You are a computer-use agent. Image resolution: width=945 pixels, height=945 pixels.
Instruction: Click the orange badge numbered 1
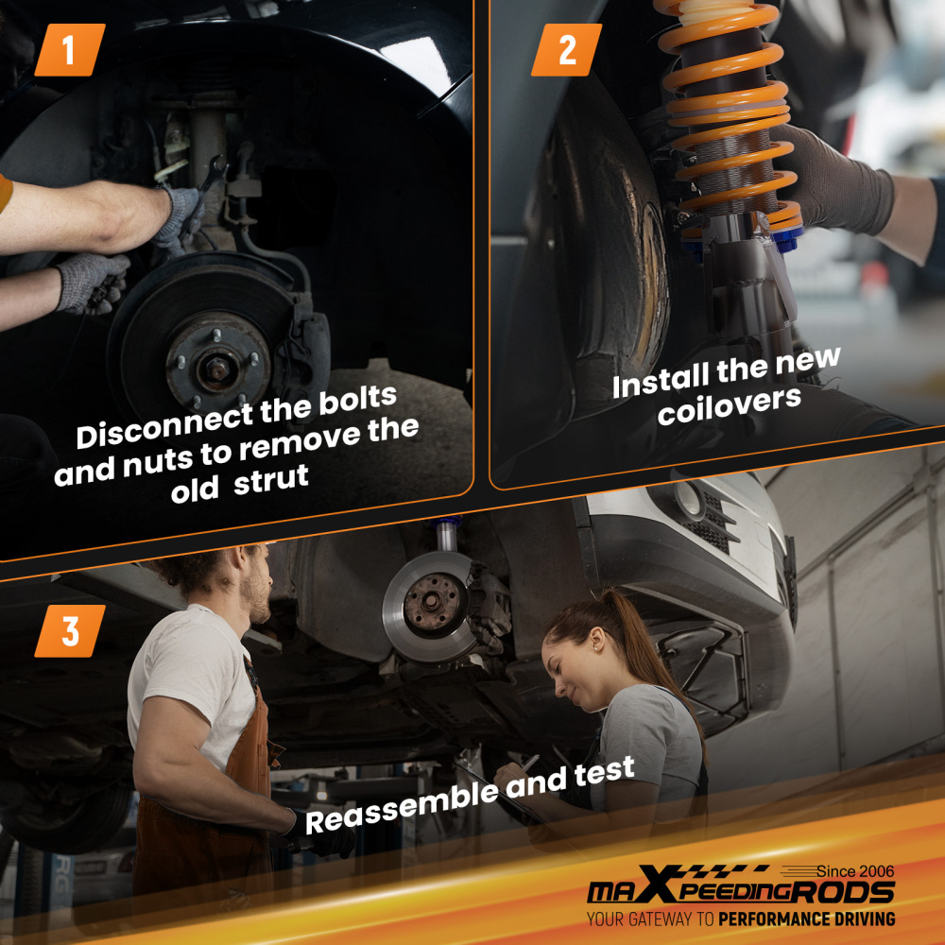point(70,50)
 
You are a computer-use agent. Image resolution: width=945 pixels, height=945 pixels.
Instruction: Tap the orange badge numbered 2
point(566,50)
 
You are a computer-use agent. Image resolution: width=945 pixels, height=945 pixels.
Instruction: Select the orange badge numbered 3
point(70,631)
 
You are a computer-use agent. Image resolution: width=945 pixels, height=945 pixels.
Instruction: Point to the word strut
point(271,480)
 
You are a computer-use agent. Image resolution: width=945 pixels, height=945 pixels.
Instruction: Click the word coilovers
point(730,404)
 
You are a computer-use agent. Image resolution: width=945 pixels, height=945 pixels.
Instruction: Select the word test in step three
point(605,771)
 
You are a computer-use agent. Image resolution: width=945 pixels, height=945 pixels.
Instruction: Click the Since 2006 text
point(855,871)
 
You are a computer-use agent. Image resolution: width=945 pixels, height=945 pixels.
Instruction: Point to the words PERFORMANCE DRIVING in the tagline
point(807,919)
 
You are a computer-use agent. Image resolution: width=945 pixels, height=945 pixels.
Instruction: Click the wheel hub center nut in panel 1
point(215,369)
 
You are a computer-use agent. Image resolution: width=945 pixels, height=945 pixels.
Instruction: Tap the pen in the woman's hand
point(530,763)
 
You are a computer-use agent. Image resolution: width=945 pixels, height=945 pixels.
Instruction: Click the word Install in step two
point(661,382)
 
